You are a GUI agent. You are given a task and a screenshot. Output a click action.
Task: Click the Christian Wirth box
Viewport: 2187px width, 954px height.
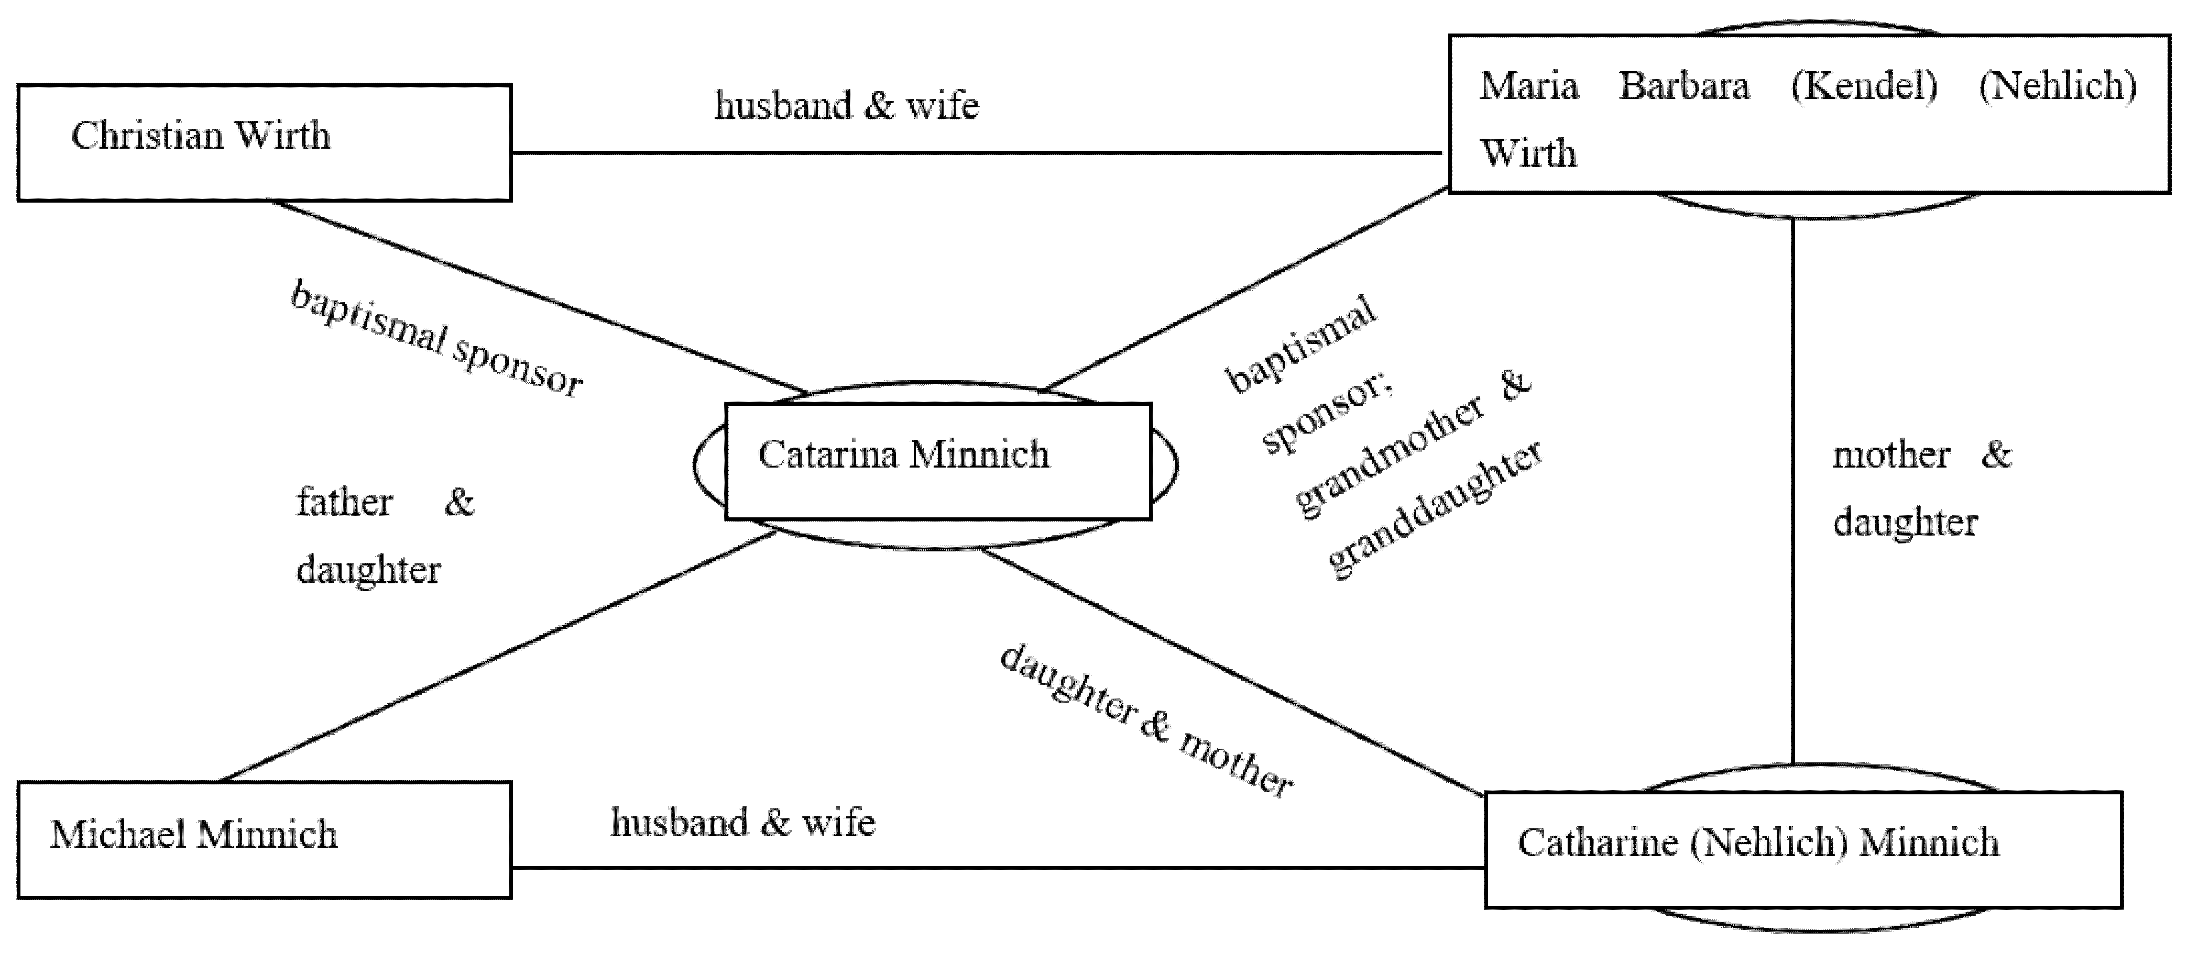click(264, 142)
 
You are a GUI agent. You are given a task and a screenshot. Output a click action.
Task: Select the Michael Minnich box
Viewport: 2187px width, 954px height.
click(264, 839)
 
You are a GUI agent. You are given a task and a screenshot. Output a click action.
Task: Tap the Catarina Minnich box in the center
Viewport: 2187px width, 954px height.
click(937, 461)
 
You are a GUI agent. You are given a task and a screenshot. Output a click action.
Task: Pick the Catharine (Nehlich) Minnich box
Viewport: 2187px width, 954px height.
click(1802, 849)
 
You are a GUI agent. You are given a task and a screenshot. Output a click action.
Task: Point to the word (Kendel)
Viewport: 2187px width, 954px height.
click(1864, 86)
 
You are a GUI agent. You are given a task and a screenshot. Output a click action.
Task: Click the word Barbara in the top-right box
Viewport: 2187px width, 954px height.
click(1683, 86)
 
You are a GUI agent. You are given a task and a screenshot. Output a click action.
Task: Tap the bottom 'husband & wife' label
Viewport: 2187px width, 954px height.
click(743, 823)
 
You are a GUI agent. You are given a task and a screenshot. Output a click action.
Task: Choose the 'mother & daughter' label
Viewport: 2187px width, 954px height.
click(1920, 488)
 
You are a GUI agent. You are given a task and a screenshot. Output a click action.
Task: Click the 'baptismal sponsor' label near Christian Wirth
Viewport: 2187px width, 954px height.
click(436, 339)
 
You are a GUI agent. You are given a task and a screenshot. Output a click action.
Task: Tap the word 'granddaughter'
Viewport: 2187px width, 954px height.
click(1434, 510)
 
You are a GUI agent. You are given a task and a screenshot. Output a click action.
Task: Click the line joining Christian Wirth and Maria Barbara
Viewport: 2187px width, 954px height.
click(976, 153)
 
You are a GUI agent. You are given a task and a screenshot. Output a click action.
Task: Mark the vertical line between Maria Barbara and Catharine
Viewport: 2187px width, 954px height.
click(1792, 492)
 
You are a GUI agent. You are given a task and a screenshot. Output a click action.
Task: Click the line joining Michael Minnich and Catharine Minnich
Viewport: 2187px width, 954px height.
click(998, 868)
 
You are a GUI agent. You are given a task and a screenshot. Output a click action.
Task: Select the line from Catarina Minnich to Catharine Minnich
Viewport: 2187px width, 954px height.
click(1231, 672)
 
